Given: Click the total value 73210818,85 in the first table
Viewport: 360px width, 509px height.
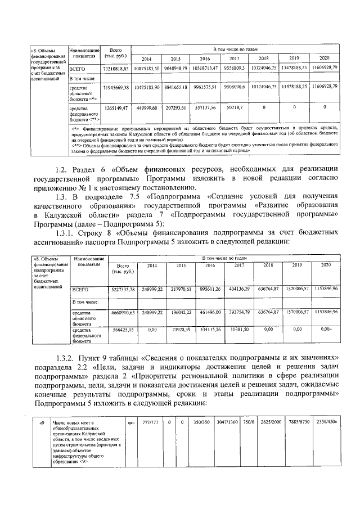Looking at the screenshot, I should click(x=116, y=68).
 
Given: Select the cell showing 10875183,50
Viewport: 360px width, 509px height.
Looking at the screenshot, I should click(x=147, y=68).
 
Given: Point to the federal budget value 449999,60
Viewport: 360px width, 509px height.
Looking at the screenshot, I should click(x=147, y=106).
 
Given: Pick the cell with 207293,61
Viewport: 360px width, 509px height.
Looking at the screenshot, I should click(x=175, y=106).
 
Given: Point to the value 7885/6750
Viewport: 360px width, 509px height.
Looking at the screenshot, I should click(x=297, y=422).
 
